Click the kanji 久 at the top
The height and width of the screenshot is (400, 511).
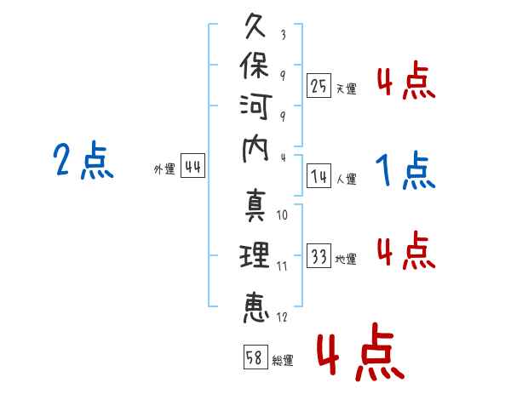[x=255, y=26]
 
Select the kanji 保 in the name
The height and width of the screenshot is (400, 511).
[x=255, y=66]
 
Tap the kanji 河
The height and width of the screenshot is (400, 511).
[x=255, y=107]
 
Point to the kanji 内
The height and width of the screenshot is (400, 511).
[x=255, y=150]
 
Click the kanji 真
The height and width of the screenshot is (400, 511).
[x=255, y=206]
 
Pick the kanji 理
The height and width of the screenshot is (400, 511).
[x=255, y=255]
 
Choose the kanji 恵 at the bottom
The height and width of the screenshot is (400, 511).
[x=255, y=308]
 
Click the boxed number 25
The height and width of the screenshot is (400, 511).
[x=319, y=86]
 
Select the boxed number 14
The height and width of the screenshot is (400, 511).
[x=319, y=176]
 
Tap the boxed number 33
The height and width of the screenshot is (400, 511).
[x=319, y=255]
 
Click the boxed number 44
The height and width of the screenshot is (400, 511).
[x=192, y=166]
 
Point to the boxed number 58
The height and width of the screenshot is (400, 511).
[x=255, y=357]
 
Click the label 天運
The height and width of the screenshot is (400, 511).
[x=347, y=89]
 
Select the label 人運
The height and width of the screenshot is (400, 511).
[x=347, y=179]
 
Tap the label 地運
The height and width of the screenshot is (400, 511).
[x=346, y=260]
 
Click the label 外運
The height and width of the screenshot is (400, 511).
[x=164, y=169]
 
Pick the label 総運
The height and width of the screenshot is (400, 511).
[x=283, y=360]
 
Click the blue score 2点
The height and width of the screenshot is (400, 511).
[x=83, y=160]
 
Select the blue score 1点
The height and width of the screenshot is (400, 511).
[x=405, y=170]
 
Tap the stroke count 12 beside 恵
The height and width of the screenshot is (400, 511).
[x=282, y=317]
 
